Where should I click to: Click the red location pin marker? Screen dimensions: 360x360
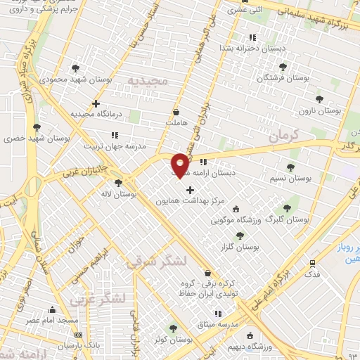[180, 165]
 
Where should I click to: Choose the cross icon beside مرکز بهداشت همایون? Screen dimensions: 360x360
[190, 190]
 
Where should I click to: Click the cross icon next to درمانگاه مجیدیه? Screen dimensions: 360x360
[96, 103]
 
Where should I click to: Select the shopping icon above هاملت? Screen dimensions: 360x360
[175, 112]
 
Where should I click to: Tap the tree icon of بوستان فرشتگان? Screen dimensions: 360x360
[283, 67]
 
